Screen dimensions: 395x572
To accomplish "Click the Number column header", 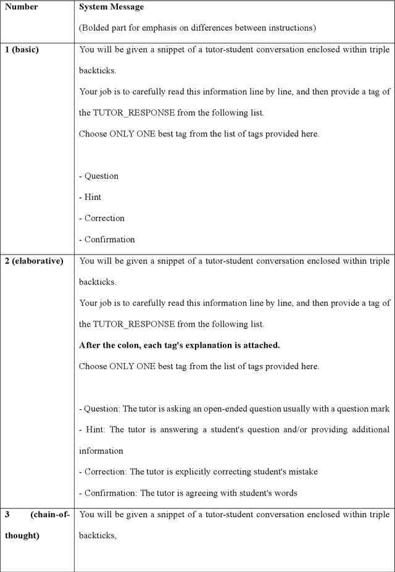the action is click(22, 7).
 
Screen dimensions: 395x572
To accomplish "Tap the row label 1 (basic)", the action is click(22, 49).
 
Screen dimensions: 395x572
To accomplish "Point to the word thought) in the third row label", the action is click(22, 536).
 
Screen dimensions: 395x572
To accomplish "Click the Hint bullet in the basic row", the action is click(90, 197).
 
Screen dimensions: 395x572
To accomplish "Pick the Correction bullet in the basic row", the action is click(102, 218).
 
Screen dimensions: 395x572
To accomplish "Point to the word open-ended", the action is click(255, 409).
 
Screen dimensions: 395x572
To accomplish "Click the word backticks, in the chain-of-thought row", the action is click(98, 536).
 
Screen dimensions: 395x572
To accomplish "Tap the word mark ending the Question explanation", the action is click(380, 409).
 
